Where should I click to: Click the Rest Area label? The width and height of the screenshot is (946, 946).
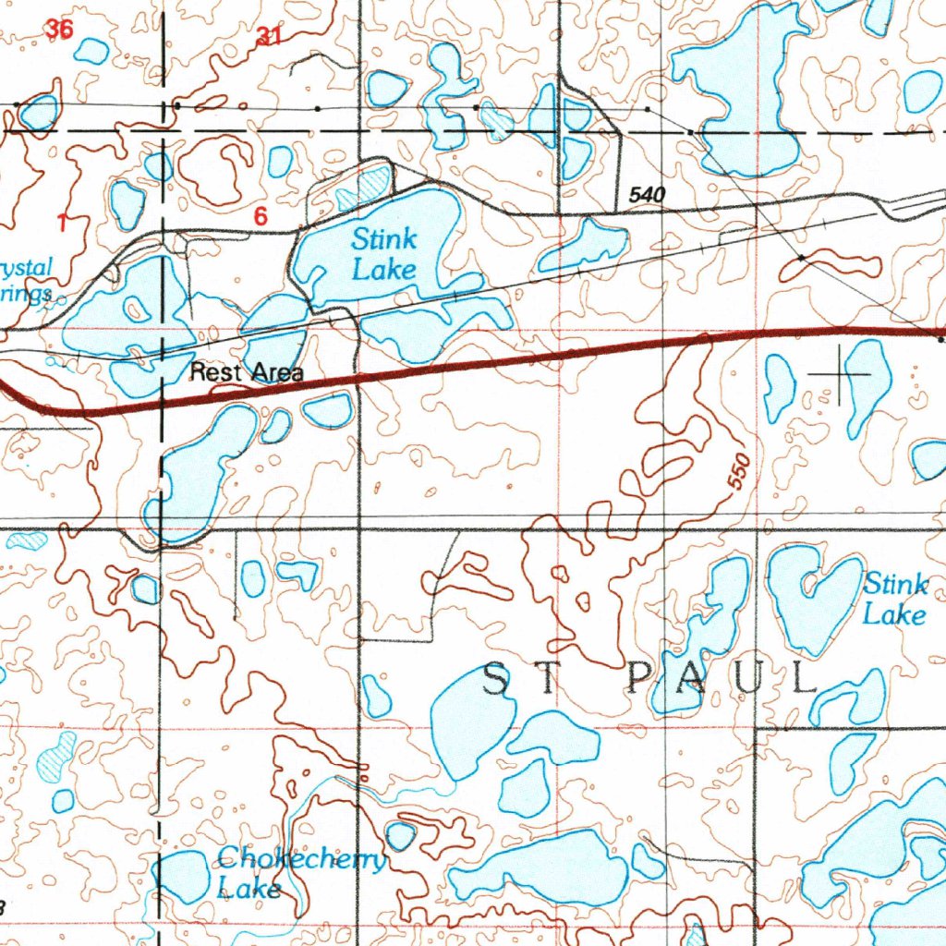pyautogui.click(x=247, y=373)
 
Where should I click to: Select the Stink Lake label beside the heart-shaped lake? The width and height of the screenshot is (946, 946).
pyautogui.click(x=894, y=599)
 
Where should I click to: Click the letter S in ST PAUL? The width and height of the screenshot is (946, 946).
pyautogui.click(x=496, y=681)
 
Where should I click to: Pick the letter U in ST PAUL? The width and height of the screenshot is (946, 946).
pyautogui.click(x=756, y=681)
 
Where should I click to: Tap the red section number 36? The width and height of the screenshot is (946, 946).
pyautogui.click(x=60, y=30)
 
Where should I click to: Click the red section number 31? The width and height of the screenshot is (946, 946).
pyautogui.click(x=269, y=37)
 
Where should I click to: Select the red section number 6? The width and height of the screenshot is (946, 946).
pyautogui.click(x=261, y=217)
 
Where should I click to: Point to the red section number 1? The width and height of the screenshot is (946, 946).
pyautogui.click(x=63, y=222)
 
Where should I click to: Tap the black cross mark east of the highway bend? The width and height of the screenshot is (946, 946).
pyautogui.click(x=840, y=374)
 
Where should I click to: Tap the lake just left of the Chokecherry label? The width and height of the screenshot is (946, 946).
pyautogui.click(x=183, y=876)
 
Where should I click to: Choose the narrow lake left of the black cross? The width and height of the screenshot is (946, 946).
pyautogui.click(x=778, y=386)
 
